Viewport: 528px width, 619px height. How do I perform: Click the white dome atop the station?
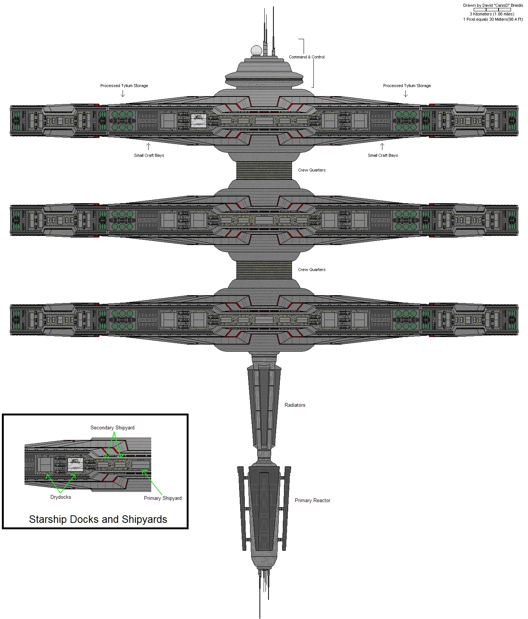pos(256,51)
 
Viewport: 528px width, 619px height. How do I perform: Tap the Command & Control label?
pos(307,57)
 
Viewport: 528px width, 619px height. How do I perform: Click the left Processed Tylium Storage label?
pos(124,86)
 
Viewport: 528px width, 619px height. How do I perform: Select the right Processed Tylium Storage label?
pos(407,86)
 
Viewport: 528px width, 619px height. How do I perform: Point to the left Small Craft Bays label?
pos(149,155)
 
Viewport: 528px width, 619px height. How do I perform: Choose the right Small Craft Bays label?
pos(383,155)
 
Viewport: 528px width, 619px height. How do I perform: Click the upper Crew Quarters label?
pos(312,170)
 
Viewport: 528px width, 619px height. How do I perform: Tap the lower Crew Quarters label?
pos(312,270)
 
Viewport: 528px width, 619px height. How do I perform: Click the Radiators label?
pos(295,405)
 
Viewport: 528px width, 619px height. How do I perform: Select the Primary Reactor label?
pos(312,500)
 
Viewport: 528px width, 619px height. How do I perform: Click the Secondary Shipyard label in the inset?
pos(112,427)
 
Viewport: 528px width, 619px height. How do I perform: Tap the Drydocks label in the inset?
pos(61,497)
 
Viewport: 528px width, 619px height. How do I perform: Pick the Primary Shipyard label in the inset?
pos(163,498)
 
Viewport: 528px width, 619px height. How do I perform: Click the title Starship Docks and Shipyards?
pos(98,519)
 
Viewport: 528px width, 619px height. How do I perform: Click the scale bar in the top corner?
pos(492,10)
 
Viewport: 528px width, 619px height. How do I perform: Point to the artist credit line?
pos(493,5)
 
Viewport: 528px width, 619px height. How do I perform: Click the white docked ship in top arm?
pos(198,121)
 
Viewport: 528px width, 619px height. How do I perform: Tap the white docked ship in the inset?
pos(75,464)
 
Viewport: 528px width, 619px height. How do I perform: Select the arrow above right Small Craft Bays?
pos(382,146)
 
